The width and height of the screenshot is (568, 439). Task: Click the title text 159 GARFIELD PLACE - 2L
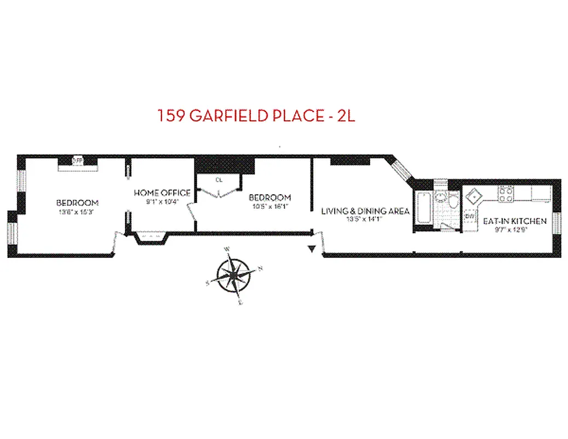tap(256, 116)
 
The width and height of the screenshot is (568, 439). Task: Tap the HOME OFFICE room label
tap(162, 193)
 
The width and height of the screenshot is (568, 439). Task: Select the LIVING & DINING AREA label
tap(365, 211)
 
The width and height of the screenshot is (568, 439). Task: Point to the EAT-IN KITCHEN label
tap(514, 221)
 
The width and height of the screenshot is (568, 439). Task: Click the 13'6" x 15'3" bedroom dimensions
tap(77, 210)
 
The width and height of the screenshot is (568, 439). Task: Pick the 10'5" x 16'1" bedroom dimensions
tap(269, 207)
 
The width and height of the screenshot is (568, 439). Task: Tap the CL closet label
tap(219, 180)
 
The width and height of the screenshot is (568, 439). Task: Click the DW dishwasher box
tap(469, 217)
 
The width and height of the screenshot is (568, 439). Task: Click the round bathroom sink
tap(440, 198)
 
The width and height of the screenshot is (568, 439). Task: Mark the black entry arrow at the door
tap(312, 250)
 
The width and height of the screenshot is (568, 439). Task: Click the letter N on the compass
tap(260, 268)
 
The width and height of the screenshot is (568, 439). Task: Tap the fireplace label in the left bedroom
tap(77, 160)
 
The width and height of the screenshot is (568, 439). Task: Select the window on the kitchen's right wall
tap(557, 222)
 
